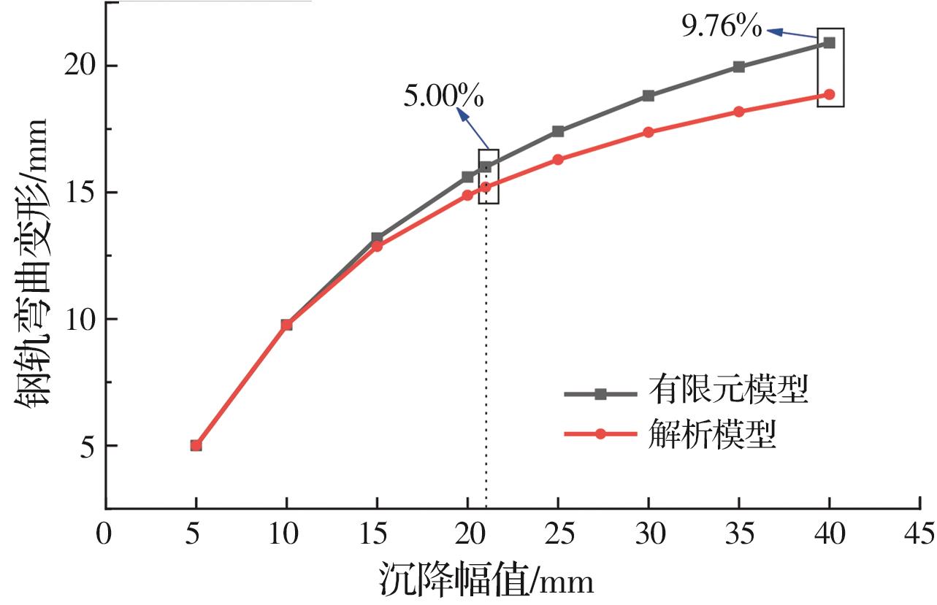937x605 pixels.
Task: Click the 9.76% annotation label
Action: (722, 28)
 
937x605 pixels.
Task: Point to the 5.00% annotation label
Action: (444, 95)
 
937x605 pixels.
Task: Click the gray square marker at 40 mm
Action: (829, 42)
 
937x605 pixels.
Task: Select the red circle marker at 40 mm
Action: (829, 94)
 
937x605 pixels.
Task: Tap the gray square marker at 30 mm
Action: (649, 96)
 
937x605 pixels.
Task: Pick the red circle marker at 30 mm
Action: (649, 132)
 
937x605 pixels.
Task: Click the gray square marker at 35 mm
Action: (739, 66)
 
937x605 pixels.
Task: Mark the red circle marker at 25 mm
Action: (558, 159)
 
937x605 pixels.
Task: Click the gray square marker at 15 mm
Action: (377, 238)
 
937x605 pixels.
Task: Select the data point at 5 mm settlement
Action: (196, 445)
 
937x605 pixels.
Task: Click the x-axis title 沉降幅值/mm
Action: (486, 581)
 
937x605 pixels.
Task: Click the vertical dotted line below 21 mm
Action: (486, 350)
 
